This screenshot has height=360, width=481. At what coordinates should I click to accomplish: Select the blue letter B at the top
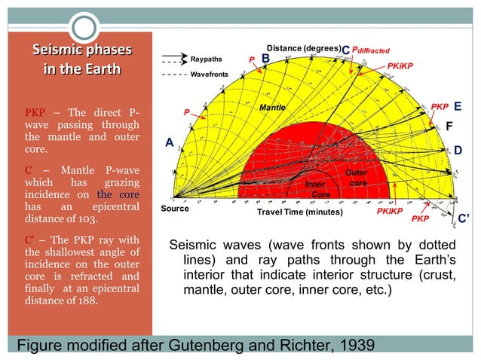(x=265, y=58)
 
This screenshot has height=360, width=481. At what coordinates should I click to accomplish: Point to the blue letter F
(x=450, y=127)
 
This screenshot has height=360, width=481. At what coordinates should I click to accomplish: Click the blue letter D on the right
(x=458, y=151)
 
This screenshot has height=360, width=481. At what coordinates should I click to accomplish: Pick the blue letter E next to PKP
(x=458, y=106)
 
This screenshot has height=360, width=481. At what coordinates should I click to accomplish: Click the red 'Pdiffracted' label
(x=371, y=50)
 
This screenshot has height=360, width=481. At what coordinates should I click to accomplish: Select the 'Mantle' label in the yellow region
(x=272, y=108)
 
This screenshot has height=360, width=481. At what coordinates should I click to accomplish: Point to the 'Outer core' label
(x=357, y=178)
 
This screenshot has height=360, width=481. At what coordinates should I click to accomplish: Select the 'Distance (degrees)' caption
(x=303, y=48)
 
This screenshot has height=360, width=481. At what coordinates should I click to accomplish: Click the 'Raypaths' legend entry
(x=205, y=59)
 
